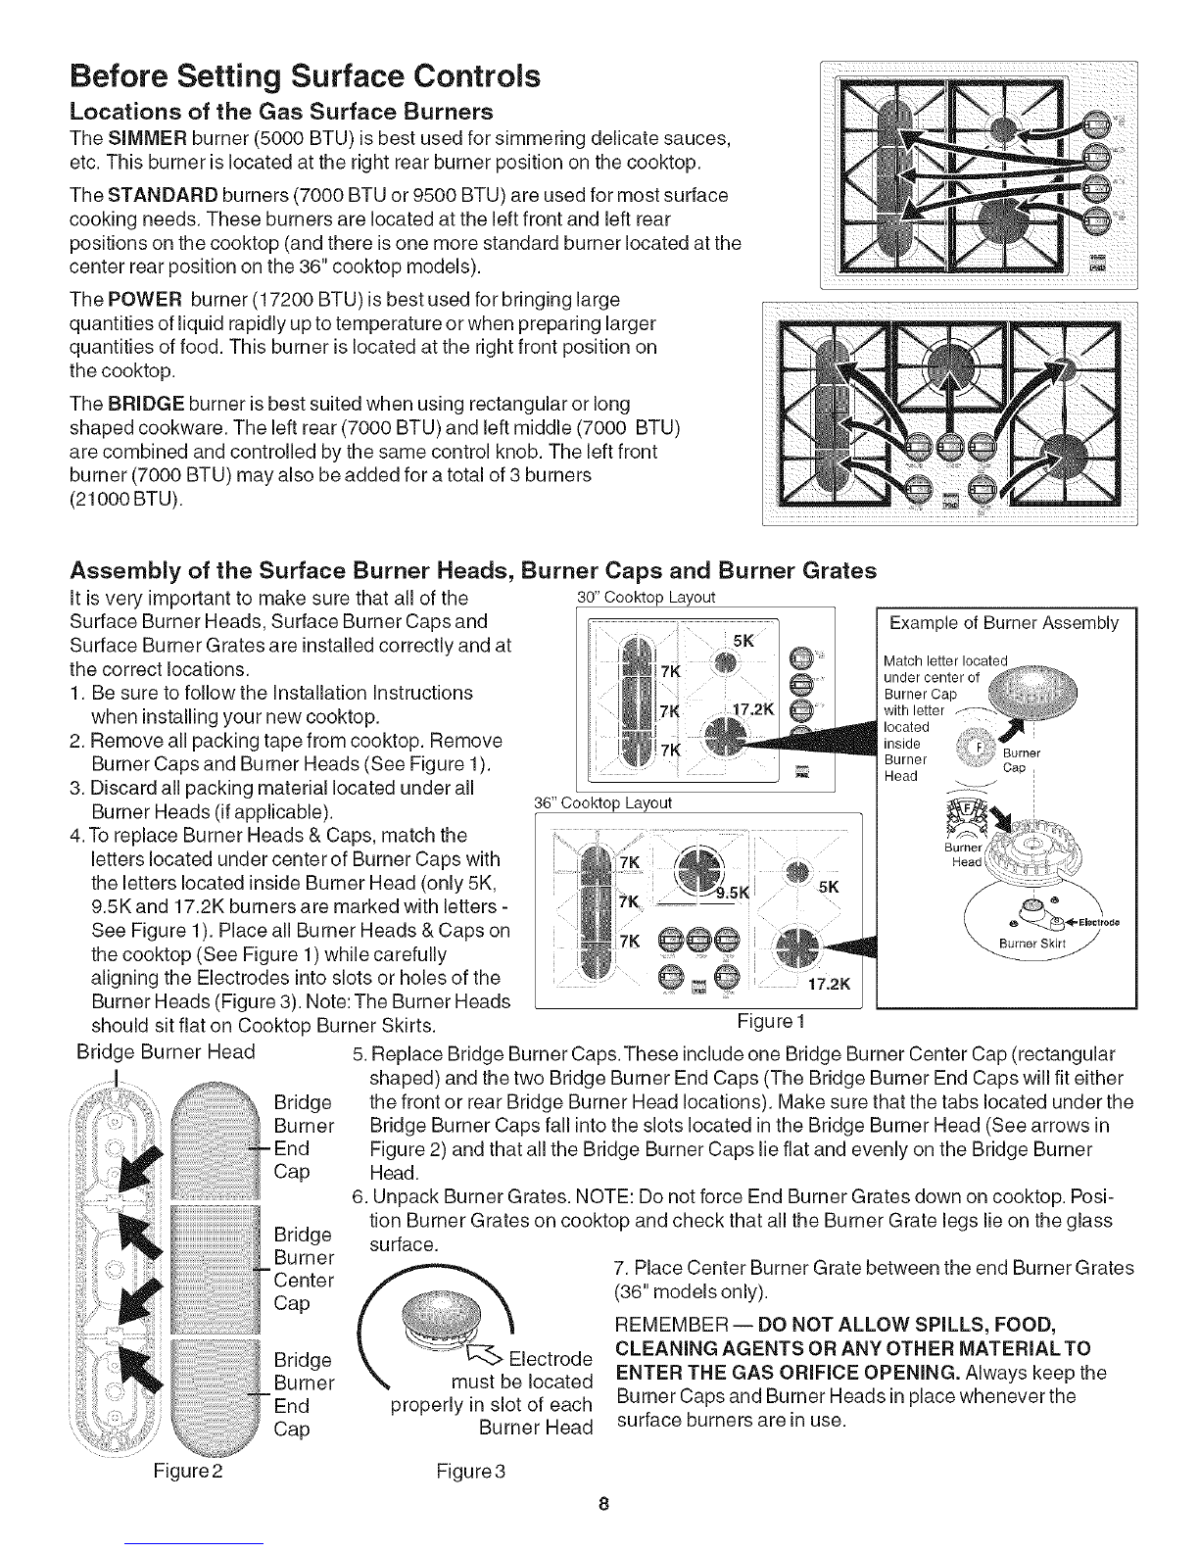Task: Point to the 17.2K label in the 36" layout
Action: (x=831, y=985)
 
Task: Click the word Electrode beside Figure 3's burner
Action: (x=552, y=1360)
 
